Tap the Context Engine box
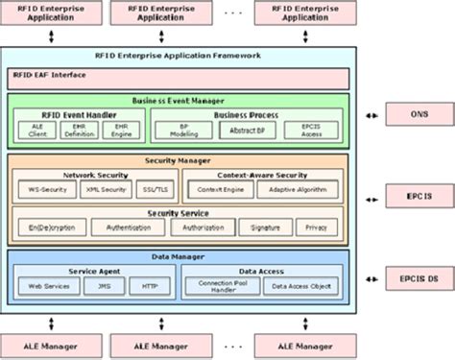point(221,190)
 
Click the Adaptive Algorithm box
point(300,190)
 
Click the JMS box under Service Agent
point(101,286)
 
